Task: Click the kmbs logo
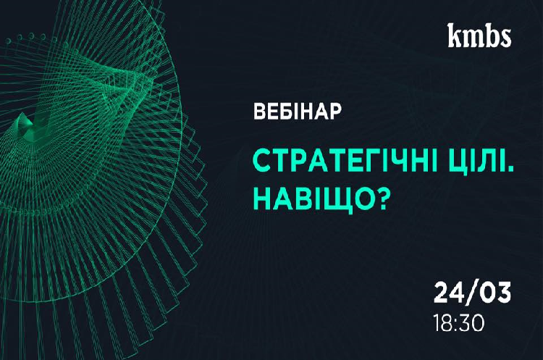(479, 35)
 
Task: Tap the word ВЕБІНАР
(298, 112)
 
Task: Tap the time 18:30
(459, 324)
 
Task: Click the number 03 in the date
(495, 293)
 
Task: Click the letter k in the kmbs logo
(455, 35)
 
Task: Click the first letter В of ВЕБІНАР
(261, 112)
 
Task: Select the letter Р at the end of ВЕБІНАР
(335, 112)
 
